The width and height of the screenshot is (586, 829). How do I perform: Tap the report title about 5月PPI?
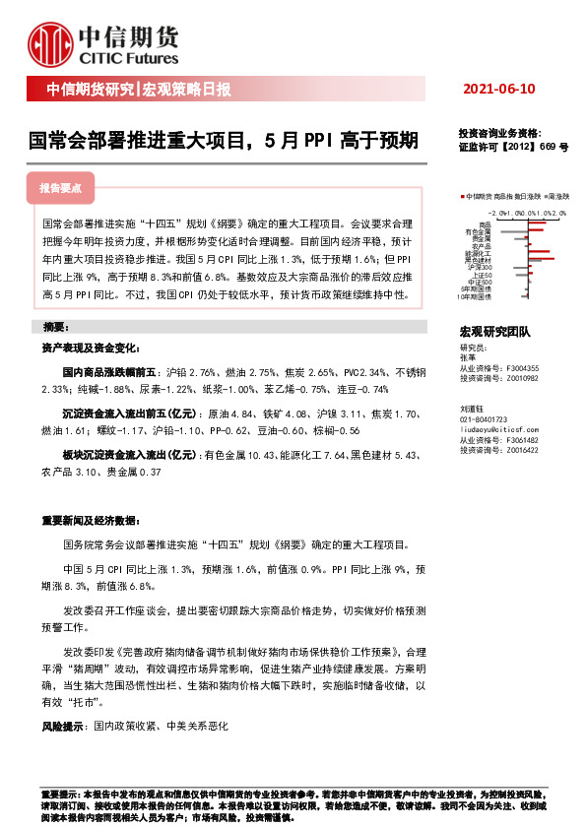pos(223,141)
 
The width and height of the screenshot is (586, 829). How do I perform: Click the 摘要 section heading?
pos(55,326)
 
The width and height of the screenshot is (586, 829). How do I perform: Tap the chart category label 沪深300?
pos(479,266)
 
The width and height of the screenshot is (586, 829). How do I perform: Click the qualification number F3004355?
pos(522,368)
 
